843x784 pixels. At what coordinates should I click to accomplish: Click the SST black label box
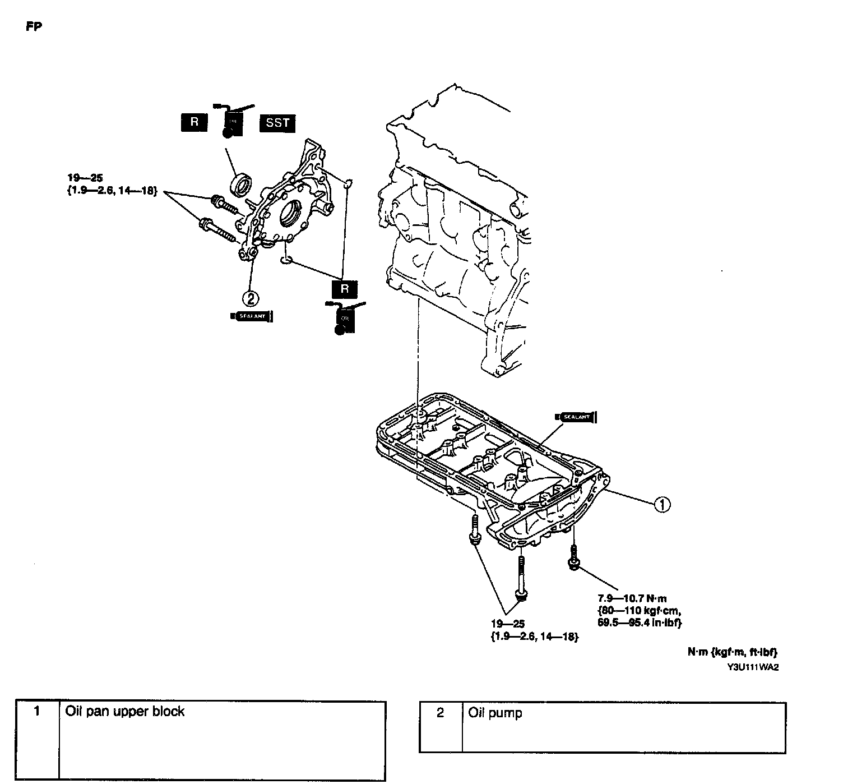pyautogui.click(x=277, y=123)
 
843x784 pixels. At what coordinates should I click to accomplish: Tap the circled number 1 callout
pyautogui.click(x=661, y=504)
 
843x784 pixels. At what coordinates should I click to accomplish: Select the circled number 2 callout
pyautogui.click(x=250, y=298)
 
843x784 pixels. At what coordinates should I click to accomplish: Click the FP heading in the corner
pyautogui.click(x=34, y=27)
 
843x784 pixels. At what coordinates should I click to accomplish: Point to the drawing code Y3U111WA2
pyautogui.click(x=753, y=667)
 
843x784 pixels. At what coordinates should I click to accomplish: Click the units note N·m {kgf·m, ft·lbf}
pyautogui.click(x=731, y=652)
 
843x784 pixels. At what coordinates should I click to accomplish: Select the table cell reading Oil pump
pyautogui.click(x=495, y=713)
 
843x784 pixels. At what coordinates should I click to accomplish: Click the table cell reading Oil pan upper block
pyautogui.click(x=125, y=711)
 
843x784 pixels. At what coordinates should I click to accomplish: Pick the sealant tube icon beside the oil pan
pyautogui.click(x=575, y=417)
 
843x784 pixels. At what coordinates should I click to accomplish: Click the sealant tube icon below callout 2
pyautogui.click(x=252, y=316)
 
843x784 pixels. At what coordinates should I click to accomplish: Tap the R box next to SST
pyautogui.click(x=194, y=123)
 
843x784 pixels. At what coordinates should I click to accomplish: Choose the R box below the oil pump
pyautogui.click(x=344, y=289)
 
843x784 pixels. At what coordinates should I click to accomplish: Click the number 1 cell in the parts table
pyautogui.click(x=37, y=712)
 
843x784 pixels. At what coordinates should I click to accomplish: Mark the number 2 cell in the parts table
pyautogui.click(x=440, y=713)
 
